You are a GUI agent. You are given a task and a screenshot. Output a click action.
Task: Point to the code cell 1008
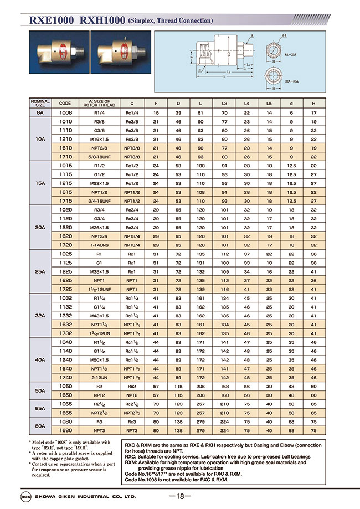click(65, 112)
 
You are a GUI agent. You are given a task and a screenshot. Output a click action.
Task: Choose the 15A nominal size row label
click(40, 183)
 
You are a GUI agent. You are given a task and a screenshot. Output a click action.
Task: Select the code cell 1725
click(65, 289)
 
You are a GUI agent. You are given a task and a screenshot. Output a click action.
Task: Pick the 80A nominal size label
click(40, 425)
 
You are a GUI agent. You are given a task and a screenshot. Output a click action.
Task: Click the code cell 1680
click(65, 430)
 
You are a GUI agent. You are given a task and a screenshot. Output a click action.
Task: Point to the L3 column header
click(224, 102)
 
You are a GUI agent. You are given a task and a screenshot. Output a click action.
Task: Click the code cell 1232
click(65, 315)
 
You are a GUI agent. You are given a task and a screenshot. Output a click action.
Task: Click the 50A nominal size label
click(40, 390)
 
